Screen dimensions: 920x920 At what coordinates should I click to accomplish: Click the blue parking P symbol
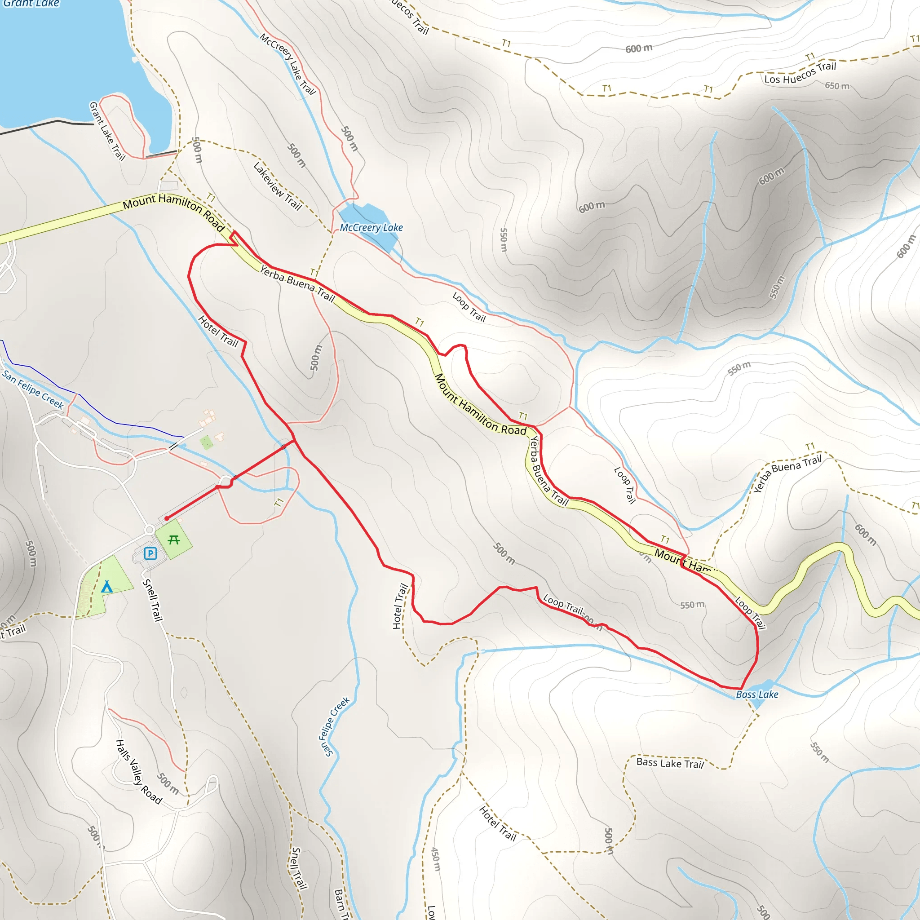150,553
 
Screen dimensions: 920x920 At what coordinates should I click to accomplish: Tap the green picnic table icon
174,540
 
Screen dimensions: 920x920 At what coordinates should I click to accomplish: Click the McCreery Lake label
371,228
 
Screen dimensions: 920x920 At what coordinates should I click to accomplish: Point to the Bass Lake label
756,694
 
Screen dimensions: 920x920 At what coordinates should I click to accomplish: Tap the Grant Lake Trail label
107,131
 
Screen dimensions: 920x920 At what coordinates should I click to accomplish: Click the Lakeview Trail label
278,186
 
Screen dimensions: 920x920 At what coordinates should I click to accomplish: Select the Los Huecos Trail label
800,73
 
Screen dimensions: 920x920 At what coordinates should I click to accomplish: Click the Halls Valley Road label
138,772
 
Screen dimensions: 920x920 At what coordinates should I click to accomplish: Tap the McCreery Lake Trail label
287,64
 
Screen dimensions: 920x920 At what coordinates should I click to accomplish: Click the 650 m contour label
837,86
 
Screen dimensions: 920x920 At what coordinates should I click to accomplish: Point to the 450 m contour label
436,859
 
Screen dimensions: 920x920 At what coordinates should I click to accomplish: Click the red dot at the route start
167,518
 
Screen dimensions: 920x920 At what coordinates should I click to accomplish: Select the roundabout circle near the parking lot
150,530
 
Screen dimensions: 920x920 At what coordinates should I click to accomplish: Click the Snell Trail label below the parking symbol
153,600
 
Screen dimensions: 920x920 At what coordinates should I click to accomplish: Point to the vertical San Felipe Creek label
334,726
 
